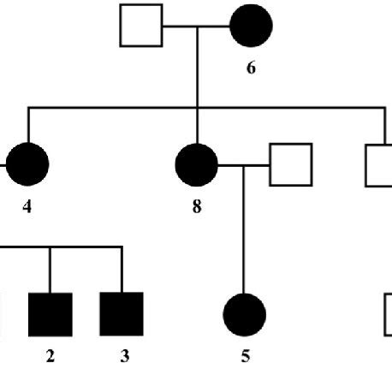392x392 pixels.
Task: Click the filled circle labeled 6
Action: (x=251, y=27)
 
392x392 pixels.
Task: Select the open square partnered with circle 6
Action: (x=141, y=27)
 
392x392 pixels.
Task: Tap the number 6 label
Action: (x=251, y=68)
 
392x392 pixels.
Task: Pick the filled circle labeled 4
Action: (x=28, y=163)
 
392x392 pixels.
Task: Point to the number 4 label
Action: (x=28, y=208)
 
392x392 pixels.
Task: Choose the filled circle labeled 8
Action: (x=197, y=163)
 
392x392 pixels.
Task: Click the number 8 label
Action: (x=197, y=208)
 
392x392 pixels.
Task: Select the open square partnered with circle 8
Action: (x=291, y=163)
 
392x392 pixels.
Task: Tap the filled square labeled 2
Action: (x=50, y=314)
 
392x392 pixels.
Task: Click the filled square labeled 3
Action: (x=122, y=314)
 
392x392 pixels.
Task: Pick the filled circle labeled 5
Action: (x=245, y=314)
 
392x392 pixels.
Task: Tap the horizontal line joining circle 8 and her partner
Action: (x=244, y=163)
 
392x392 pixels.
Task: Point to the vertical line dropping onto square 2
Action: (x=50, y=270)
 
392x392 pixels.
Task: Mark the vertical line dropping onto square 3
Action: (x=122, y=270)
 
